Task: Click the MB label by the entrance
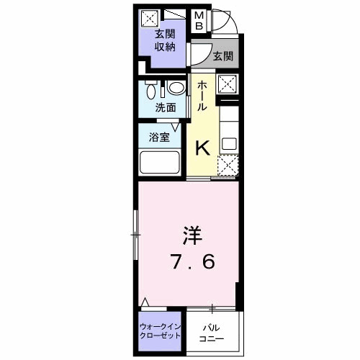[x=200, y=21]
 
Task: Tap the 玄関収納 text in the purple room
[x=166, y=42]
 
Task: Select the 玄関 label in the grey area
[x=222, y=55]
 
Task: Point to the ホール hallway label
[x=202, y=94]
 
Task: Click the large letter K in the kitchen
[x=203, y=147]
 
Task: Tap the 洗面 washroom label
[x=166, y=108]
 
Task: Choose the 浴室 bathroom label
[x=159, y=138]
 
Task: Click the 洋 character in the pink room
[x=190, y=235]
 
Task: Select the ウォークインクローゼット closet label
[x=161, y=332]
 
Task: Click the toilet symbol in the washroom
[x=150, y=91]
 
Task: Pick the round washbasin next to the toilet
[x=175, y=91]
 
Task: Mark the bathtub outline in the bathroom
[x=161, y=162]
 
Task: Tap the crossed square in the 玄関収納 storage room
[x=149, y=18]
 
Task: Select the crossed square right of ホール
[x=228, y=84]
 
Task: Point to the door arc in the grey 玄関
[x=201, y=56]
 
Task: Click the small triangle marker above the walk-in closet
[x=146, y=302]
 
